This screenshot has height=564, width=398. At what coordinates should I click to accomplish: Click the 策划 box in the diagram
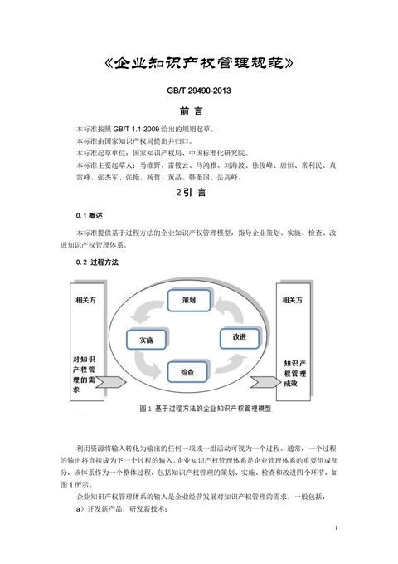pos(189,301)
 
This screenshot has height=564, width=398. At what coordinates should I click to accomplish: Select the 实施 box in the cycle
pos(146,340)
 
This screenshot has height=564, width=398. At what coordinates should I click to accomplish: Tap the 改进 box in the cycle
pos(240,337)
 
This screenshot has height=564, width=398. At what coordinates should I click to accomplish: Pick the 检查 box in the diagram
pos(187,371)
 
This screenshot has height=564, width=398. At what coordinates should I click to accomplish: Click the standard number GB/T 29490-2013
pos(199,91)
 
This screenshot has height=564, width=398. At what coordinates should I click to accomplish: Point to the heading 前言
pos(192,111)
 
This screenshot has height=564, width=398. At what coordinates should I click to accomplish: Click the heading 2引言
pos(191,193)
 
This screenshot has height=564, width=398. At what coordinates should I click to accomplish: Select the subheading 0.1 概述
pos(90,216)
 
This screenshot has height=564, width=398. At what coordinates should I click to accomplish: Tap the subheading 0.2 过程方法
pos(97,262)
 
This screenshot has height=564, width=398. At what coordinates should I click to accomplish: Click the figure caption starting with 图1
pos(206,409)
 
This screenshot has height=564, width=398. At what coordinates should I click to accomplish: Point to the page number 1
pos(336,527)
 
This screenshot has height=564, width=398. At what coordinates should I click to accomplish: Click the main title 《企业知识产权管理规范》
pos(199,63)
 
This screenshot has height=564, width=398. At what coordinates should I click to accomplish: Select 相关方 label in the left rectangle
pos(86,300)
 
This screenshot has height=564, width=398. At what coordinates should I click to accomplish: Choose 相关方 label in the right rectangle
pos(293,300)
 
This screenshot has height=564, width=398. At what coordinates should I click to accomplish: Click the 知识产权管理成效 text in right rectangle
pos(295,373)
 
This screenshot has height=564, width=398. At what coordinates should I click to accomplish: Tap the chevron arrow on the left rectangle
pos(110,382)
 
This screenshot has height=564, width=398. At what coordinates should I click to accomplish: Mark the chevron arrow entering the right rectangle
pos(265,382)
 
